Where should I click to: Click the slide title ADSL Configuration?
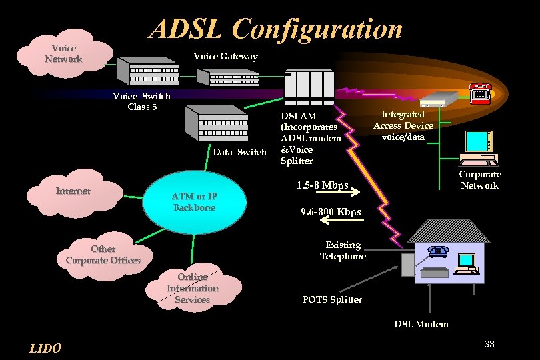[276, 29]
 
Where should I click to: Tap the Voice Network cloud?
[64, 54]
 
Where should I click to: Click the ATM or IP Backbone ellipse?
[193, 202]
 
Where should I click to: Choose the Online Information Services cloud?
[193, 288]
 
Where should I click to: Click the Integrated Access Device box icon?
[439, 99]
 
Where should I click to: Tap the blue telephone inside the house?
[438, 251]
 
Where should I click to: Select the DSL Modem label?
[421, 324]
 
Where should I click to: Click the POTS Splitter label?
[332, 299]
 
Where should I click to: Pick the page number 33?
[489, 343]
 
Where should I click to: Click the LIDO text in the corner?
[46, 348]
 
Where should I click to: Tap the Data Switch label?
[239, 153]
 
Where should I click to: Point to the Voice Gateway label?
[225, 57]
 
